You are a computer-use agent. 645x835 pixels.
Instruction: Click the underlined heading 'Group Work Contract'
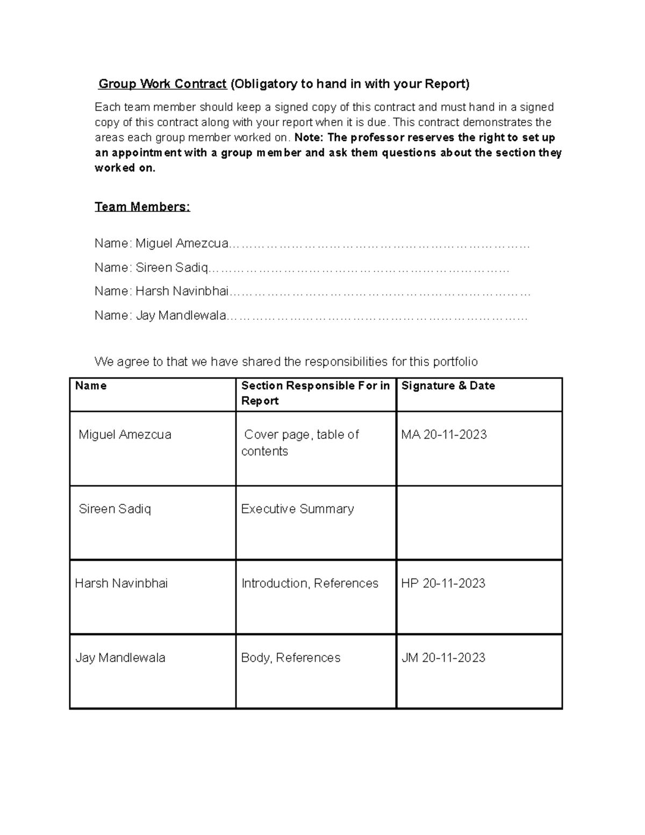pos(162,84)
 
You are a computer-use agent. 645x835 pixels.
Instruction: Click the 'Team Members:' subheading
pos(142,207)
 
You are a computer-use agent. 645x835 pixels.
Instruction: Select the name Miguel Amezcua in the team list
pos(182,244)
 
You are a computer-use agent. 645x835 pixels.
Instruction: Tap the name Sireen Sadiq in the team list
pos(171,267)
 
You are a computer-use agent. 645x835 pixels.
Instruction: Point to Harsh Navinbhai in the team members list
pos(182,291)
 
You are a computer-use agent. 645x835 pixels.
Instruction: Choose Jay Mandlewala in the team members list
pos(181,316)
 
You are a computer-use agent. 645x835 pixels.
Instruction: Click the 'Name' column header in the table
pos(91,386)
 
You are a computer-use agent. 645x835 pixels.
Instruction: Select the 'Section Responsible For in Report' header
pos(315,393)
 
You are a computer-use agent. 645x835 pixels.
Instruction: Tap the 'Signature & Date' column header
pos(448,386)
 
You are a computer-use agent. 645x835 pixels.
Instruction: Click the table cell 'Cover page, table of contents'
pos(300,443)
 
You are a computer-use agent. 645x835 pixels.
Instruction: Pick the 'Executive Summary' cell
pos(297,509)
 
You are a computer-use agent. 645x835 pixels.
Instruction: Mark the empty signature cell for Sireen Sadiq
pos(479,523)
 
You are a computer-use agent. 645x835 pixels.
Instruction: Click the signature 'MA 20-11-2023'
pos(443,434)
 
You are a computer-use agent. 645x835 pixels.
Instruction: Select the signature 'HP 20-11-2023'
pos(443,583)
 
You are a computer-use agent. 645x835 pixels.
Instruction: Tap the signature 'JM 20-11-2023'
pos(443,658)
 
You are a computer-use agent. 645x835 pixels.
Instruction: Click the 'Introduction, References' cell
pos(310,583)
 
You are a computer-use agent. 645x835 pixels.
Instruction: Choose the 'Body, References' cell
pos(291,658)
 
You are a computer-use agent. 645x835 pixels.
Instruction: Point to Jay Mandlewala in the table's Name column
pos(120,658)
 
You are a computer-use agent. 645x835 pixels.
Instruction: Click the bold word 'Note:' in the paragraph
pos(309,138)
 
